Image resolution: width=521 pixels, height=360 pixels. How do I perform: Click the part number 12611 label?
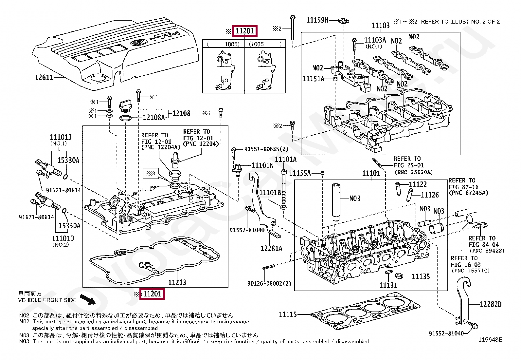pyautogui.click(x=44, y=77)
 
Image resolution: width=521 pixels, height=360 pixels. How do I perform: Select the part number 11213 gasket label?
pyautogui.click(x=177, y=282)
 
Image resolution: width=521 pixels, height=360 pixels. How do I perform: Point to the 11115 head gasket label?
pyautogui.click(x=288, y=314)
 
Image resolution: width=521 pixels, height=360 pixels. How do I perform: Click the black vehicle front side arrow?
pyautogui.click(x=88, y=300)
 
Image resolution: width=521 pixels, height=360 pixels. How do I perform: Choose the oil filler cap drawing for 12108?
pyautogui.click(x=125, y=106)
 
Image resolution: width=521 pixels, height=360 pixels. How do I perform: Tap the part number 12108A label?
pyautogui.click(x=154, y=117)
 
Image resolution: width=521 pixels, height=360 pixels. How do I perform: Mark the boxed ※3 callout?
pyautogui.click(x=151, y=173)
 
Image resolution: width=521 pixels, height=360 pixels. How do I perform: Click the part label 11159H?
pyautogui.click(x=317, y=20)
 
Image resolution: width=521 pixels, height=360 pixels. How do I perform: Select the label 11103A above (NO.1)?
pyautogui.click(x=375, y=40)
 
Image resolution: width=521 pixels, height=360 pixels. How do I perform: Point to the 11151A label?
pyautogui.click(x=313, y=79)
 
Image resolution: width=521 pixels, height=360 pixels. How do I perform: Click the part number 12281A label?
pyautogui.click(x=271, y=248)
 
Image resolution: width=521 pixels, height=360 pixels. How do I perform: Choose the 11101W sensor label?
pyautogui.click(x=262, y=165)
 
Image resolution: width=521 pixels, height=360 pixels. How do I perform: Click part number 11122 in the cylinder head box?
pyautogui.click(x=418, y=184)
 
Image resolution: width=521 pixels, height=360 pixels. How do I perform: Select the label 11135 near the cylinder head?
pyautogui.click(x=421, y=276)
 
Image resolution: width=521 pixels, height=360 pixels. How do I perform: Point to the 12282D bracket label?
pyautogui.click(x=491, y=304)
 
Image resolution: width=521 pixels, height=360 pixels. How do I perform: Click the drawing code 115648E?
pyautogui.click(x=490, y=340)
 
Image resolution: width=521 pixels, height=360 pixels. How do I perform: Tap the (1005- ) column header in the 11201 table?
pyautogui.click(x=265, y=44)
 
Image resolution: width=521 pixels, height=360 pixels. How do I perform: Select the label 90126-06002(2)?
pyautogui.click(x=269, y=283)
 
